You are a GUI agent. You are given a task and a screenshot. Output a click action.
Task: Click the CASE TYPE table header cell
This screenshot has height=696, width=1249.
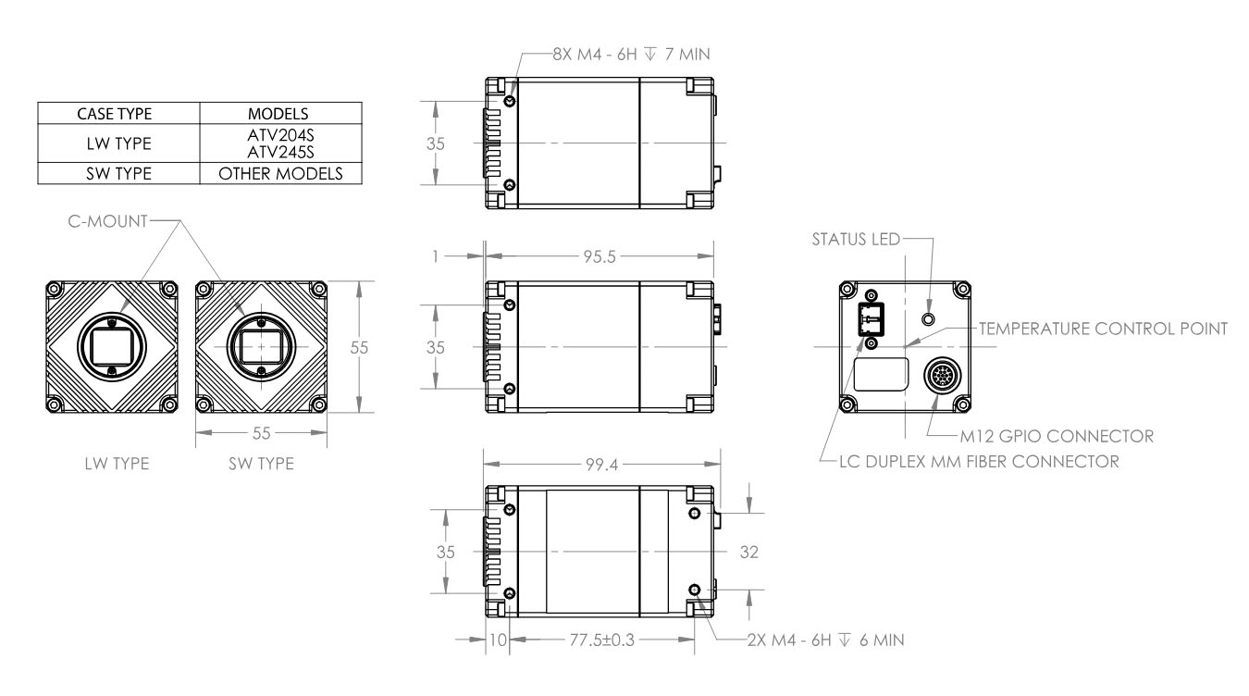[115, 114]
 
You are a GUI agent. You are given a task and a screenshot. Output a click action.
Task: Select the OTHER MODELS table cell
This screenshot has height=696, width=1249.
[280, 173]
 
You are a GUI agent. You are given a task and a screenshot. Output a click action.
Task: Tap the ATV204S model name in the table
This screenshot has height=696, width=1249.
[280, 135]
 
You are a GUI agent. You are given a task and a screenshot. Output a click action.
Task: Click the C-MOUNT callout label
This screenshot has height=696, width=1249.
[107, 221]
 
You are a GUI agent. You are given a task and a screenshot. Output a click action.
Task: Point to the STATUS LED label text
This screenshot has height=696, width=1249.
[856, 239]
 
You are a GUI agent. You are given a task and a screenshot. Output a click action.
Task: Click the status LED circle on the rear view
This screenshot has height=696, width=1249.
[928, 319]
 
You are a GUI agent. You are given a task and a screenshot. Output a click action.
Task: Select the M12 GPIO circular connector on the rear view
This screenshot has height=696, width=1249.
[943, 376]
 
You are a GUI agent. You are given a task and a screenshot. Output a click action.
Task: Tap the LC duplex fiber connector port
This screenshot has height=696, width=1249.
[871, 319]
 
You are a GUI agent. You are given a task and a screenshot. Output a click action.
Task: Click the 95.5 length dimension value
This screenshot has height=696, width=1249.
[600, 256]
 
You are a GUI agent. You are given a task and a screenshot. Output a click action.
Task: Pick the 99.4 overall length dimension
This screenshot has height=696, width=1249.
[601, 465]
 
